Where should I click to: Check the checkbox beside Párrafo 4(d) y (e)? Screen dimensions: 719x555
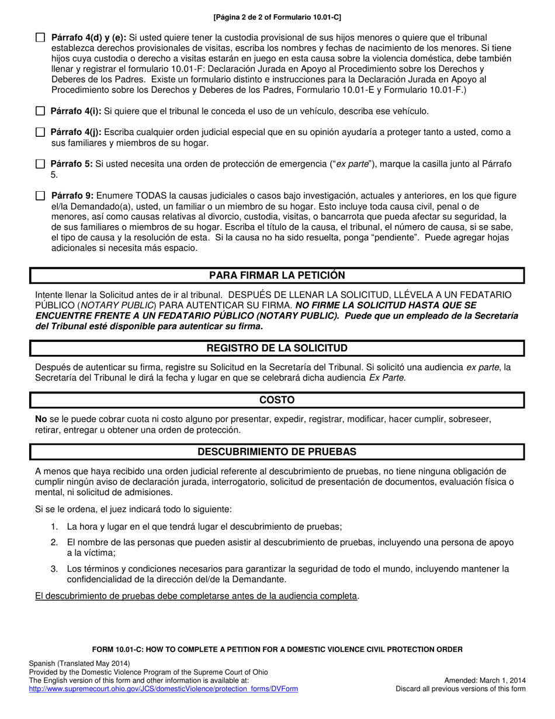tap(40, 38)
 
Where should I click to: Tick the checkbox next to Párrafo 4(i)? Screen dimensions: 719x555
tap(40, 111)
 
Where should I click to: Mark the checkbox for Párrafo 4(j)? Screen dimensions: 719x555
tap(40, 133)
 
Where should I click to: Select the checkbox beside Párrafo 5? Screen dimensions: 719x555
tap(40, 164)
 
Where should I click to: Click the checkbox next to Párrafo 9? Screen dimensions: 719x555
tap(40, 196)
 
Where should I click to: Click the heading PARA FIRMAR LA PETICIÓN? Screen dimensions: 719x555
tap(277, 275)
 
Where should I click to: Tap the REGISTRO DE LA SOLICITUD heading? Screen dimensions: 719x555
tap(277, 348)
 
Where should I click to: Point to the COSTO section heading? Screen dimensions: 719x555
tap(277, 400)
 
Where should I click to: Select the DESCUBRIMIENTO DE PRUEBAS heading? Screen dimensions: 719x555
tap(277, 452)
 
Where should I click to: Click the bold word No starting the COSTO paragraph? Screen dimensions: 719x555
tap(41, 419)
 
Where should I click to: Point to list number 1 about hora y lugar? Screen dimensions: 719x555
tap(54, 526)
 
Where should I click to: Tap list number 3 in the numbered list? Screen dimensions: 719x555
tap(54, 569)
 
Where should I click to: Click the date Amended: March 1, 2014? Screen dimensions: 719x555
tap(484, 680)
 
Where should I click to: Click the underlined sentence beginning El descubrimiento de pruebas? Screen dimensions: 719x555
tap(196, 596)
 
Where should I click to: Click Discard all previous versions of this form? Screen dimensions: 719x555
tap(460, 689)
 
